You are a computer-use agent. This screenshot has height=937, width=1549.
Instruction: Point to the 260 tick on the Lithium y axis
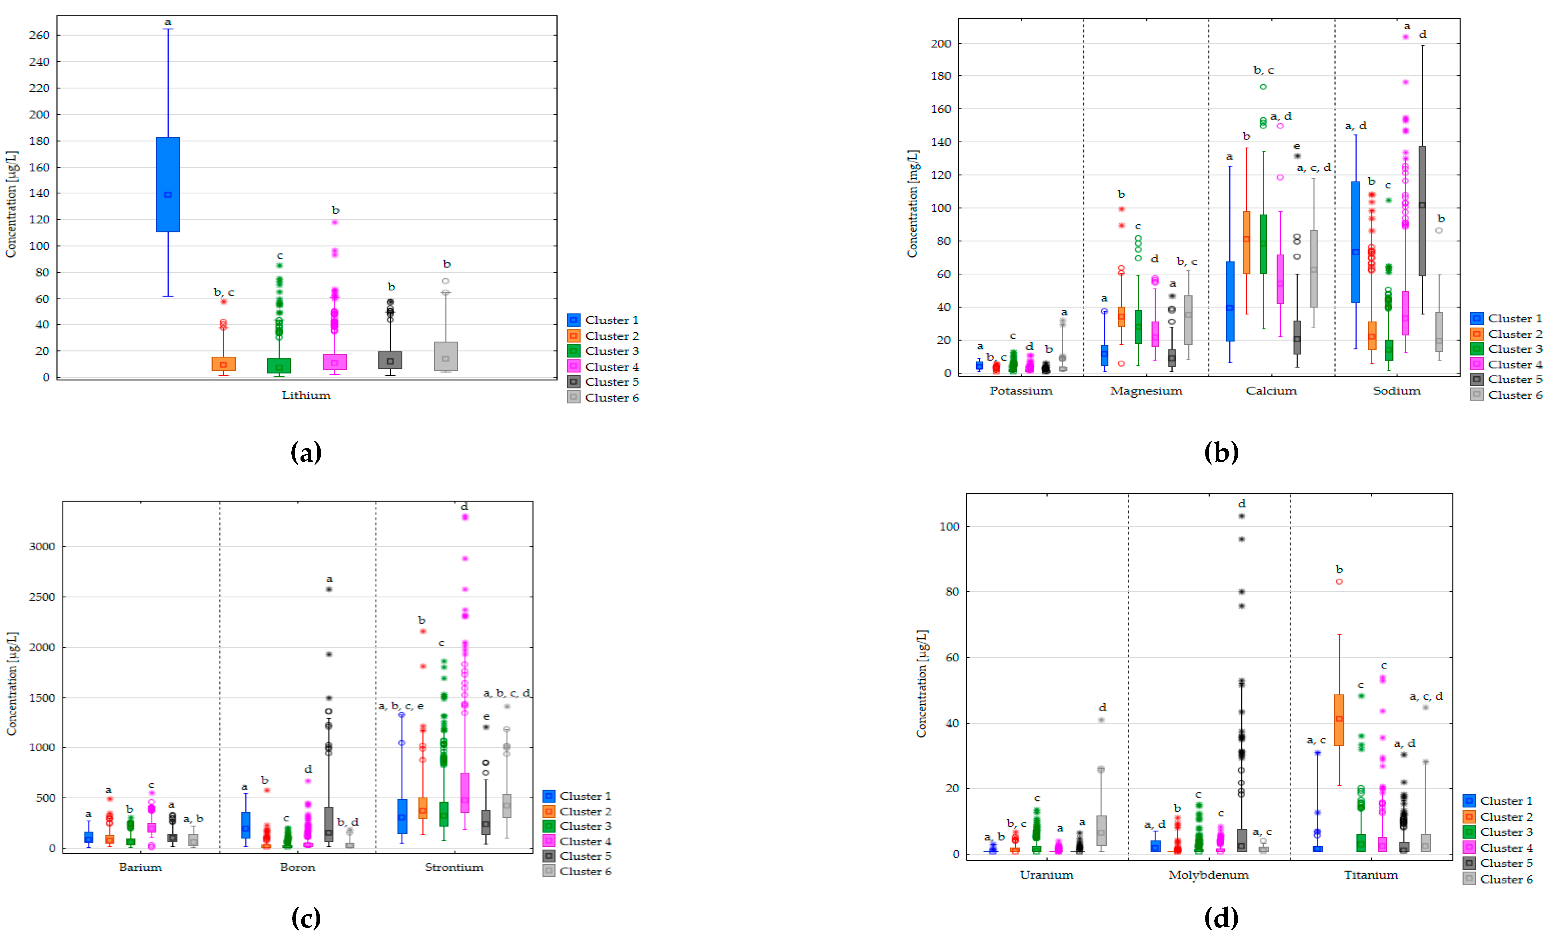[39, 35]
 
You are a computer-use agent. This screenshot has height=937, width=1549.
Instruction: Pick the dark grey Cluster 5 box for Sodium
[1422, 211]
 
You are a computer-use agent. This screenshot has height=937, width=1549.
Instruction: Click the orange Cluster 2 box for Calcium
[1247, 242]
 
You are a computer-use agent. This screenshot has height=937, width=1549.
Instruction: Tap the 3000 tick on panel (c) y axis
[42, 546]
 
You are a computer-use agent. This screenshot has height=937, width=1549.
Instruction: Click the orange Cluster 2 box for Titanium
[1339, 720]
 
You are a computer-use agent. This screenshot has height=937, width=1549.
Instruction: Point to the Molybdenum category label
[1208, 875]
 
